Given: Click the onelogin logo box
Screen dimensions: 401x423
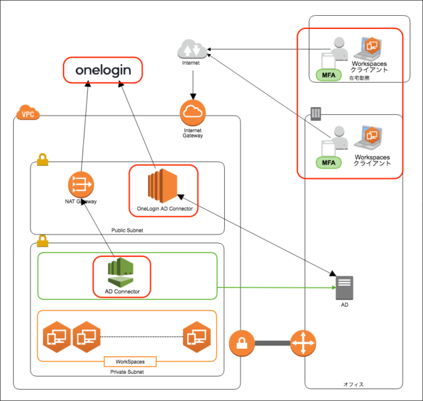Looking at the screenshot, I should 102,70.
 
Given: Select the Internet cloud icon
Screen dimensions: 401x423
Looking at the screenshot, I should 192,50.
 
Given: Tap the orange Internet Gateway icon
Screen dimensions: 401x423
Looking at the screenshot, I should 192,112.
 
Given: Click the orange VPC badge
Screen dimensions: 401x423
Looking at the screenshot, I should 28,114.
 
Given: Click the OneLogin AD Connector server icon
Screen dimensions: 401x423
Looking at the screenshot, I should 163,186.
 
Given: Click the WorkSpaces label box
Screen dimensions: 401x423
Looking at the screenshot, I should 130,362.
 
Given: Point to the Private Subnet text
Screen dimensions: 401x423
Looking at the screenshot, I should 128,373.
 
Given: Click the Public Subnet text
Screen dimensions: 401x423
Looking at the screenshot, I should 127,231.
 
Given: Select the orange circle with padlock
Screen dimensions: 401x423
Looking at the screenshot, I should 242,344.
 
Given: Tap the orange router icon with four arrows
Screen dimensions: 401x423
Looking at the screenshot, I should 303,344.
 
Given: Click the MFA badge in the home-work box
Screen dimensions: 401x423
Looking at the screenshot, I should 328,75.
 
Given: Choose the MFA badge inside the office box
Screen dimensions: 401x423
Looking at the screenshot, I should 328,162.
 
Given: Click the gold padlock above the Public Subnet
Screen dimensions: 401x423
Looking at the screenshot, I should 42,160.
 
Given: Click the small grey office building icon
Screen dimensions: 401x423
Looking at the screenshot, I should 315,114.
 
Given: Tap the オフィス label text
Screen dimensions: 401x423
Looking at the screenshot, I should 354,384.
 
